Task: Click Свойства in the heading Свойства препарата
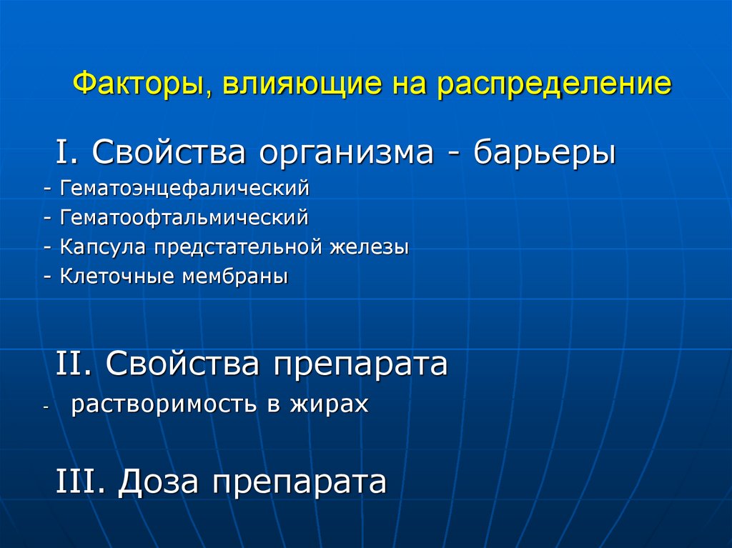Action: click(182, 364)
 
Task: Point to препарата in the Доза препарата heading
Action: click(298, 482)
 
